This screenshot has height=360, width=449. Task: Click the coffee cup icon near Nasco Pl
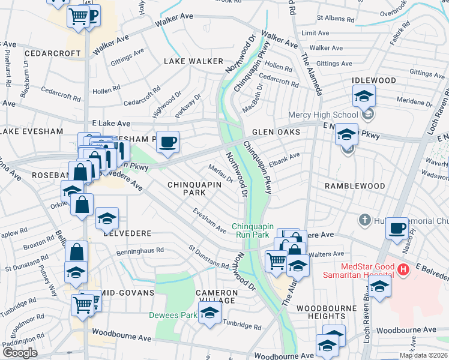(x=397, y=229)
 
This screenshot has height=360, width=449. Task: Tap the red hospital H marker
(x=403, y=270)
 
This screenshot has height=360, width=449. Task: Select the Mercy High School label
(x=322, y=115)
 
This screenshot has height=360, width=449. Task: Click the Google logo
(x=19, y=352)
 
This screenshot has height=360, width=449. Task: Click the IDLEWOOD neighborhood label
(x=374, y=80)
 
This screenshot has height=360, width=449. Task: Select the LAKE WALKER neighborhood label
(x=193, y=61)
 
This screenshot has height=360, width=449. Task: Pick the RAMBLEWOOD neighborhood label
(x=354, y=186)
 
